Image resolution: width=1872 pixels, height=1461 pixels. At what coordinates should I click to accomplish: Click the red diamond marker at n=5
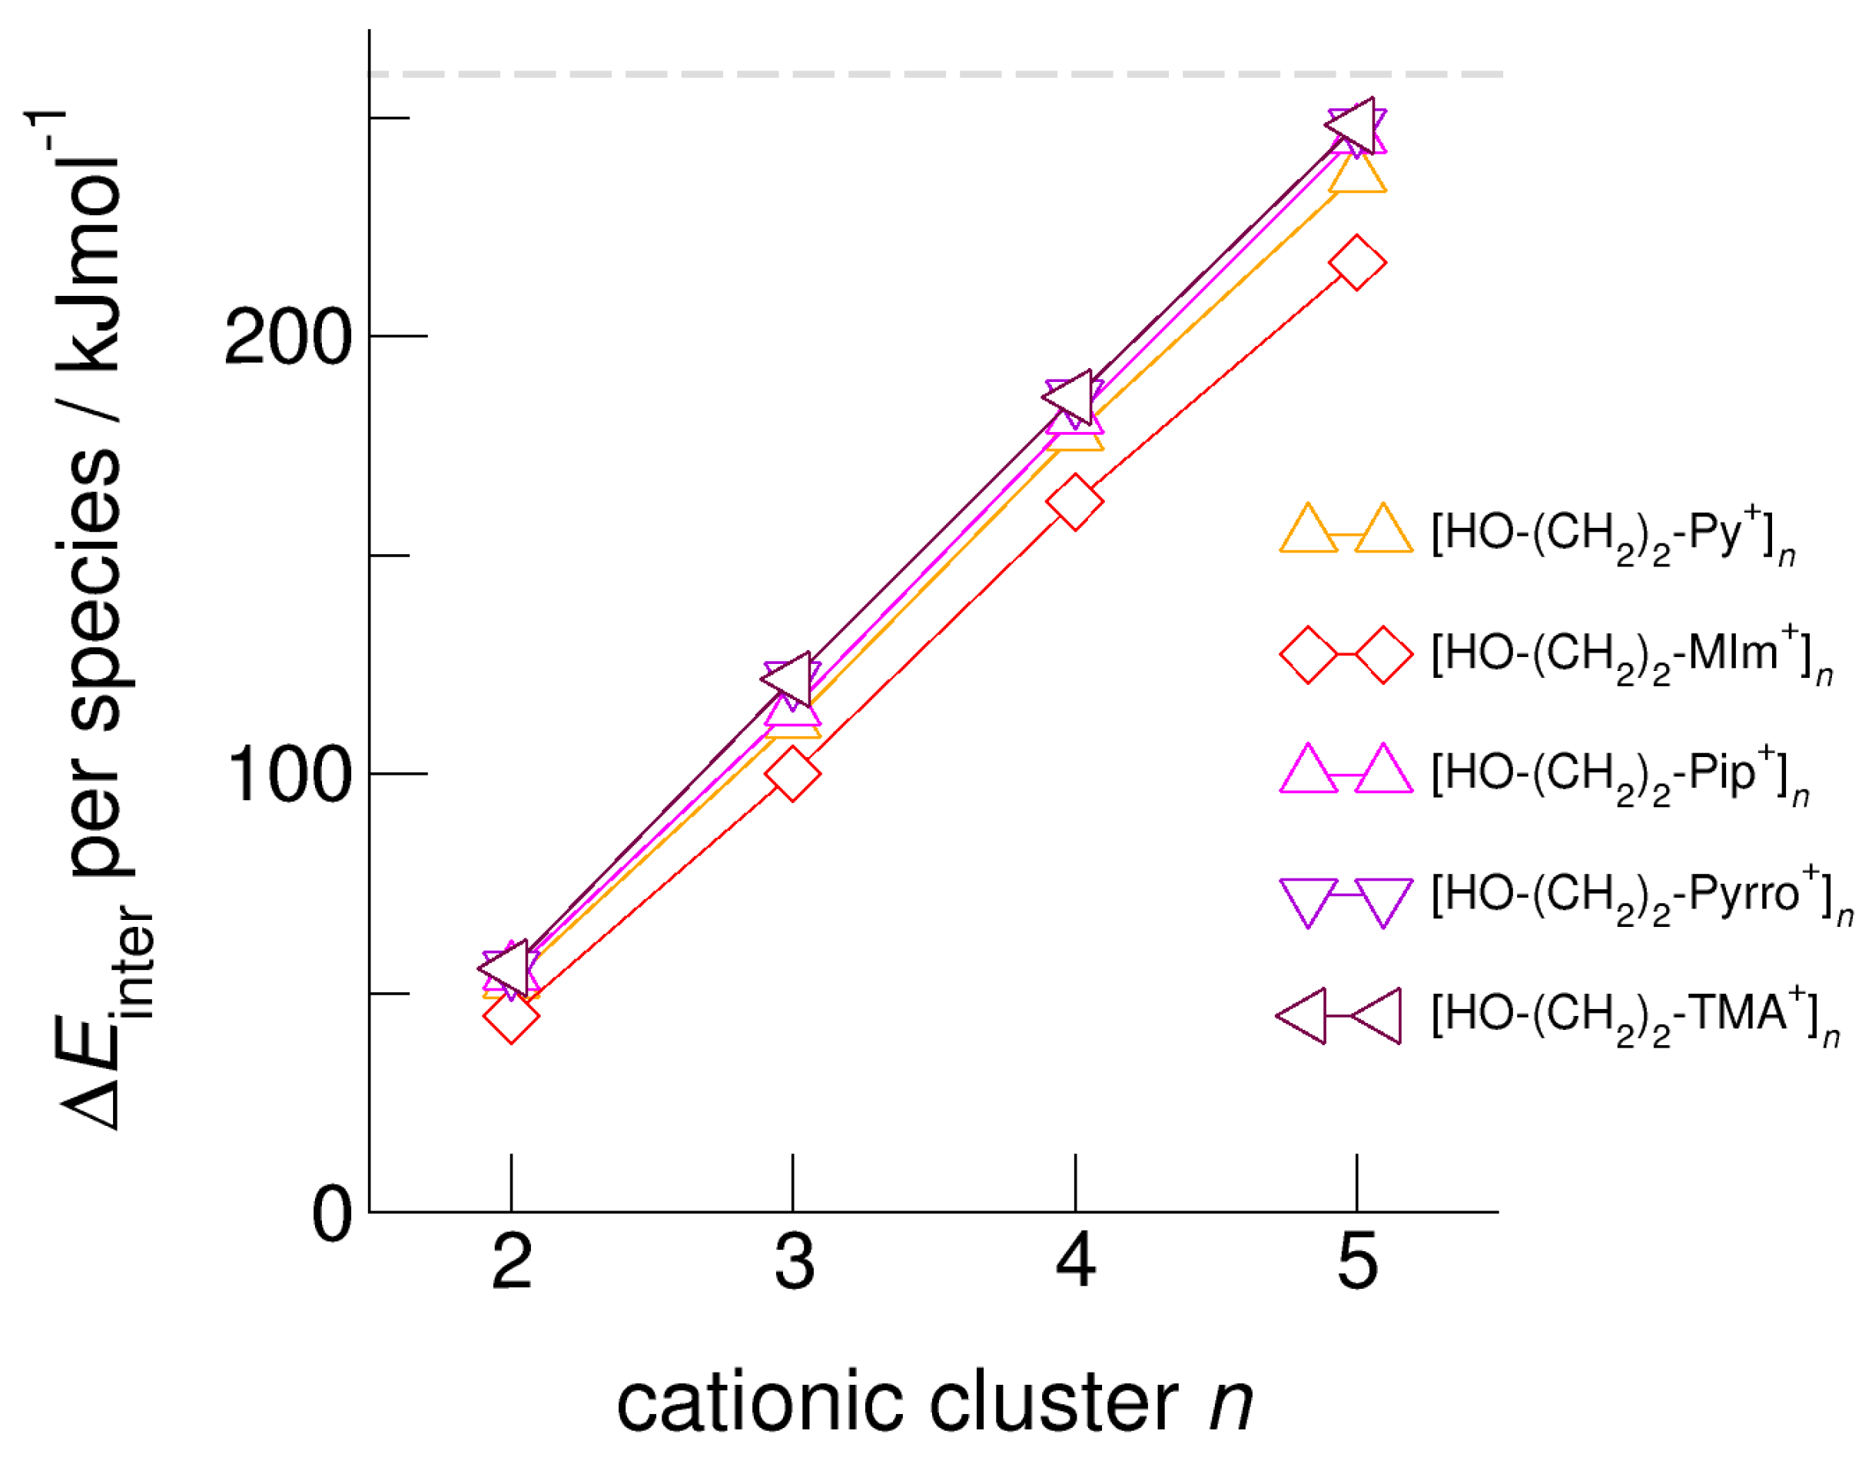click(1356, 262)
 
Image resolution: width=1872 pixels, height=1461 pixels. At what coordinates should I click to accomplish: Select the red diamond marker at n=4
click(1075, 502)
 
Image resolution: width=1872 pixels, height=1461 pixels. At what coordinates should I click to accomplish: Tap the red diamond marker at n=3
click(793, 773)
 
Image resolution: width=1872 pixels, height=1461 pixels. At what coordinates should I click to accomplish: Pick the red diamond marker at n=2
click(511, 1016)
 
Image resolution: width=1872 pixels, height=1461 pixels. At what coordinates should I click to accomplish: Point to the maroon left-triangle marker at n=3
click(788, 679)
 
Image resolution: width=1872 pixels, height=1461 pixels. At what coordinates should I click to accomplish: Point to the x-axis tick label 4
click(1075, 1261)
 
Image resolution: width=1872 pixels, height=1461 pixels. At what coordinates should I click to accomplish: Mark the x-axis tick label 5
click(1357, 1261)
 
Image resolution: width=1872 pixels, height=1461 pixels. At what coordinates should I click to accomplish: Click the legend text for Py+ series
click(1611, 536)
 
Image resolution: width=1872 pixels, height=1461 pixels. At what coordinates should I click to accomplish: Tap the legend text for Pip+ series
click(1618, 776)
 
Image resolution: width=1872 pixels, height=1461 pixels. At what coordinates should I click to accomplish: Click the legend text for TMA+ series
click(1634, 1017)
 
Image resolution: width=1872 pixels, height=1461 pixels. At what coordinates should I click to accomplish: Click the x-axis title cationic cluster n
click(934, 1403)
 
